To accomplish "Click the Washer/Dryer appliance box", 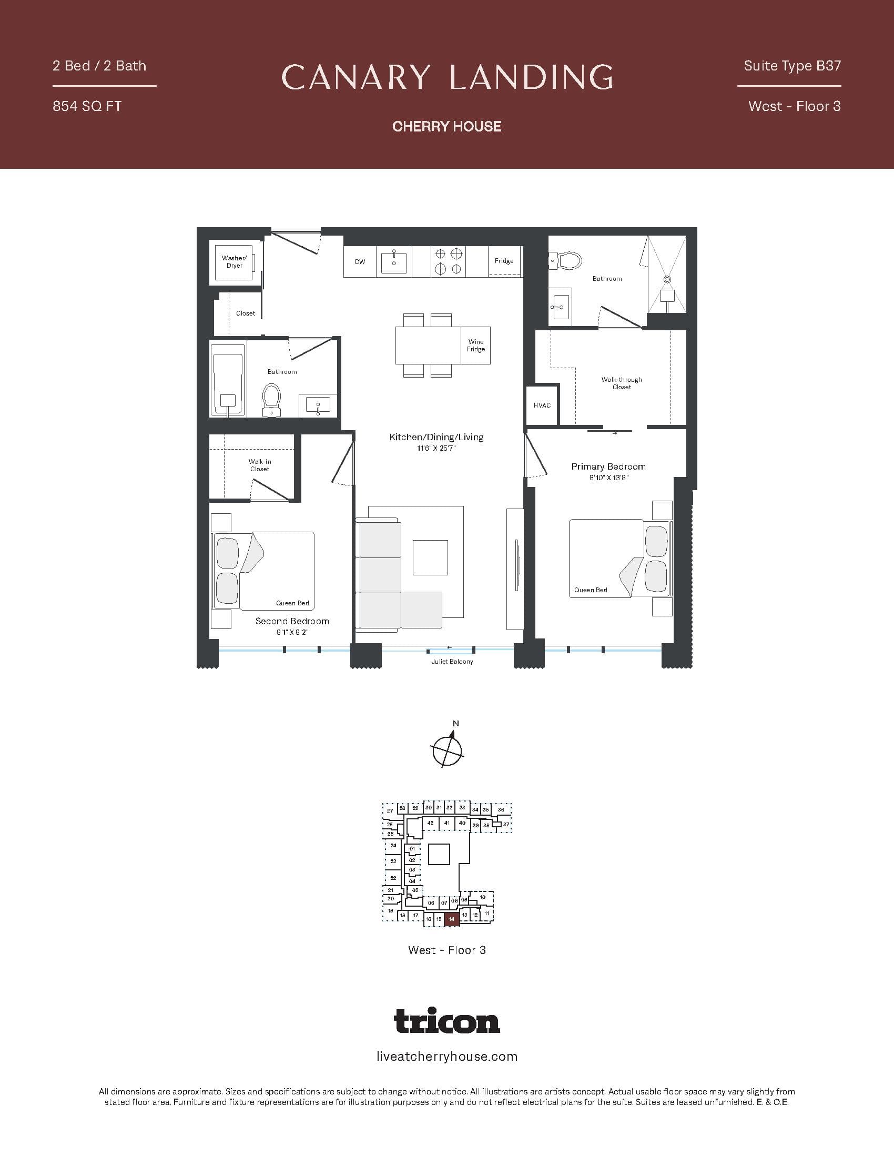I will pos(235,262).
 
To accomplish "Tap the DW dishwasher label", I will pos(360,262).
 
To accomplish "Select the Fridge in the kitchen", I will pos(504,261).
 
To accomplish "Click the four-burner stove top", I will pos(448,262).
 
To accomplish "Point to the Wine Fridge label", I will pos(475,346).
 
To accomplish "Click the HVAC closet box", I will pos(542,405).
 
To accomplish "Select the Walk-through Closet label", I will pos(621,383).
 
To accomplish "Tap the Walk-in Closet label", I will pos(259,465).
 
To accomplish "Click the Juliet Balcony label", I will pos(452,662).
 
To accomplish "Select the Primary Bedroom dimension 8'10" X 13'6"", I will pos(608,478).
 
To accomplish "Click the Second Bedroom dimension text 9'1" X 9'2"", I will pos(292,632).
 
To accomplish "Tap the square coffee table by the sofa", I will pos(430,557).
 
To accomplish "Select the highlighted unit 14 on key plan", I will pos(451,919).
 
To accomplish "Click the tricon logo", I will pos(447,1021).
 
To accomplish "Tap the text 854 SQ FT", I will pos(87,106).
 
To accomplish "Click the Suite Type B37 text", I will pos(792,66).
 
